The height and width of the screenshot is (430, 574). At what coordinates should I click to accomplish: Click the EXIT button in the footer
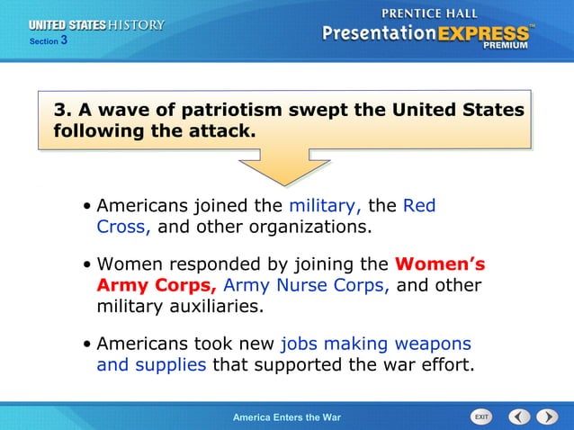481,417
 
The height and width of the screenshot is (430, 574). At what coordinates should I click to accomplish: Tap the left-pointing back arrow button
519,417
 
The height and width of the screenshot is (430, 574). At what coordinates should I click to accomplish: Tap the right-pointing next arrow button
547,417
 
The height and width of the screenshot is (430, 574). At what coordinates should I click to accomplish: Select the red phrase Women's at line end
440,264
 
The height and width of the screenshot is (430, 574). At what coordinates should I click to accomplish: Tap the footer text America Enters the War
286,417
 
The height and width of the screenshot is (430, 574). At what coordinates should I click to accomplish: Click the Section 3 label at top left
49,41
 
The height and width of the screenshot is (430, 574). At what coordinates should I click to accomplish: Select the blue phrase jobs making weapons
375,344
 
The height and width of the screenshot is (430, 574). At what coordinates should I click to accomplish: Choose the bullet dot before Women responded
85,265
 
